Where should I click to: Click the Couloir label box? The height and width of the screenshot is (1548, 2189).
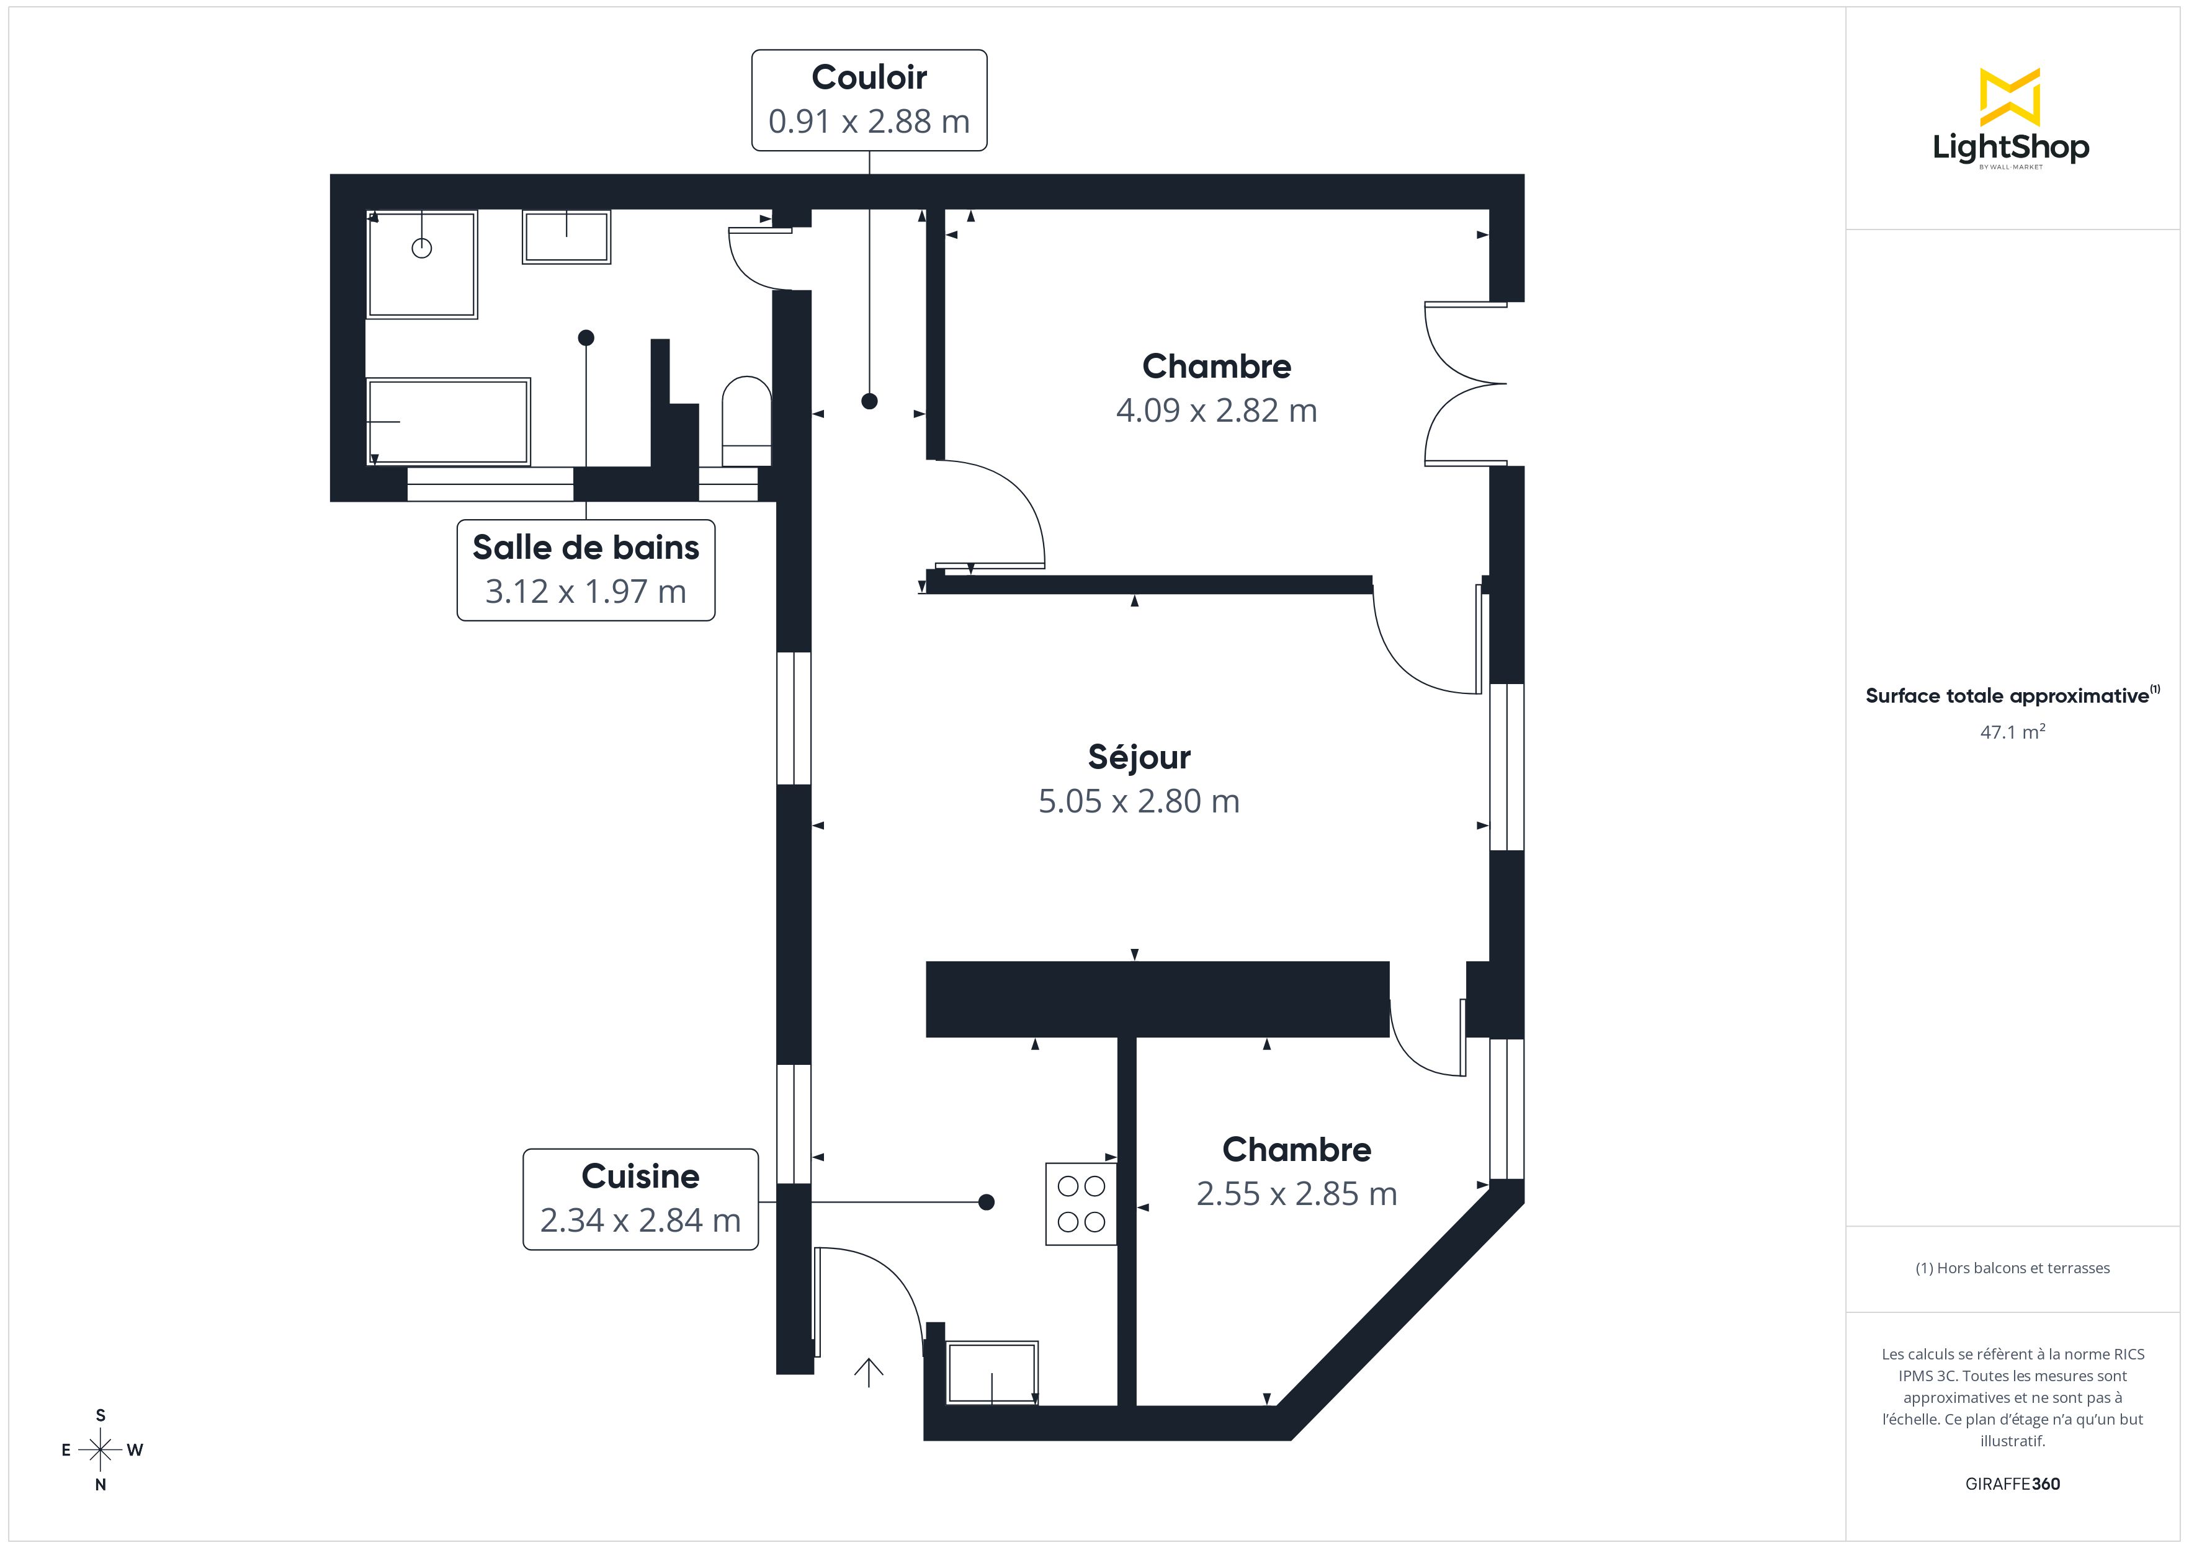(x=869, y=100)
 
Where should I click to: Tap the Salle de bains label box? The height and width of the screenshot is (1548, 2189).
(x=585, y=570)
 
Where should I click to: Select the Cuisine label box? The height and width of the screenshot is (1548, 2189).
(x=640, y=1199)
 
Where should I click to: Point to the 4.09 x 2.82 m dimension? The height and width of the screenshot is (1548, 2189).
(x=1217, y=411)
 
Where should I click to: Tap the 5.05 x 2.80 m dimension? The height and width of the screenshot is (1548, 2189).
(x=1139, y=802)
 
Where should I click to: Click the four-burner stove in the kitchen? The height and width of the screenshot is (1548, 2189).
(x=1080, y=1204)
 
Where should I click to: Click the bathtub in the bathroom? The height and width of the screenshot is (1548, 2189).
(x=448, y=420)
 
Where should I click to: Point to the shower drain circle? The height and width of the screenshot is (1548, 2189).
(x=421, y=249)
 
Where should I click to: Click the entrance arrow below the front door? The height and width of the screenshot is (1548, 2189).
(x=869, y=1372)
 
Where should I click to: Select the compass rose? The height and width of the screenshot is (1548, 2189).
(x=100, y=1450)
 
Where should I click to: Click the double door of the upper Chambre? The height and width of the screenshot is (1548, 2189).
(x=1464, y=384)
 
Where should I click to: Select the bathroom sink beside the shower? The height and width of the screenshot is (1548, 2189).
(x=566, y=236)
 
